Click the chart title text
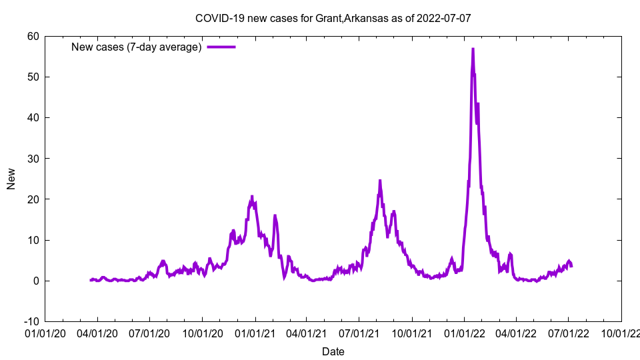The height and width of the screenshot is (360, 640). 333,18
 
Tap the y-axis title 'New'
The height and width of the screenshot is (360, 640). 11,179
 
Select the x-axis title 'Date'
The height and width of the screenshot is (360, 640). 333,351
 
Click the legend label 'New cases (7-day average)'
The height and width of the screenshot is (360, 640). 137,47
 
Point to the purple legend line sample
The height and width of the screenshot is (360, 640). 221,47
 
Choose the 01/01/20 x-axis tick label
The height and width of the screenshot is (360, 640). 45,333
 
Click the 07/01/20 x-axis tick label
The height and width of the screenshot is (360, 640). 149,333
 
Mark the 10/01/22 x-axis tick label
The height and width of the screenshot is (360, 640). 621,333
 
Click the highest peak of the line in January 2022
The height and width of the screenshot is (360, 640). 473,49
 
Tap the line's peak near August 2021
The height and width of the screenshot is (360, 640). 380,181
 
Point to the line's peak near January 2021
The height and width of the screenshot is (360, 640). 252,196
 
